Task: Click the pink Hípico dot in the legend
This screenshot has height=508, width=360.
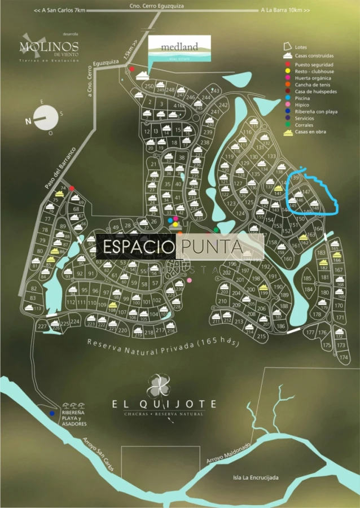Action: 288,105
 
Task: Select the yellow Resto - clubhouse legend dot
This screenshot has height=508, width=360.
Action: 288,72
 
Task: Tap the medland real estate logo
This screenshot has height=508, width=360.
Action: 179,49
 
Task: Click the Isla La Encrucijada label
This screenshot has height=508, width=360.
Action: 256,478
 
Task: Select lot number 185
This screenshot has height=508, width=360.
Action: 308,278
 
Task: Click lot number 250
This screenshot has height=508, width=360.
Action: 149,86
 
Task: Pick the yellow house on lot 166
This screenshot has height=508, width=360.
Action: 337,255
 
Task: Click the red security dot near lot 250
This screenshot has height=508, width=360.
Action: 132,69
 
